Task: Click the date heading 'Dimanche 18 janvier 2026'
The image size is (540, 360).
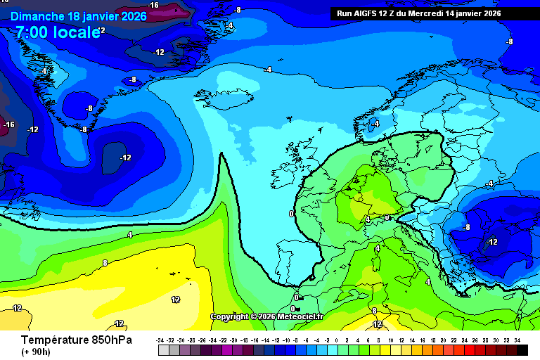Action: [78, 15]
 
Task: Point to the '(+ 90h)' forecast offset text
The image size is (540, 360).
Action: [37, 352]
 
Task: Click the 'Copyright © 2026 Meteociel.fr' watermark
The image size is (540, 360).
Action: [266, 316]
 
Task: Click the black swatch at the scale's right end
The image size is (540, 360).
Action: [522, 349]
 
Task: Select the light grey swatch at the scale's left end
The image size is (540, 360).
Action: [162, 349]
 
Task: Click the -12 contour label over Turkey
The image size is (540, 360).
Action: [491, 242]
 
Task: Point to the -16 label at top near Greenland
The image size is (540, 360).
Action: [153, 6]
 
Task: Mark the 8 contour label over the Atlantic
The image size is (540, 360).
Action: [105, 263]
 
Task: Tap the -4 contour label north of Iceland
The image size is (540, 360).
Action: [268, 70]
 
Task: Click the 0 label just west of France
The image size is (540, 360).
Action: [291, 213]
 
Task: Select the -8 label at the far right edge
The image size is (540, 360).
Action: [510, 41]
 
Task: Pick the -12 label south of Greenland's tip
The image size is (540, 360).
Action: [126, 157]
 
